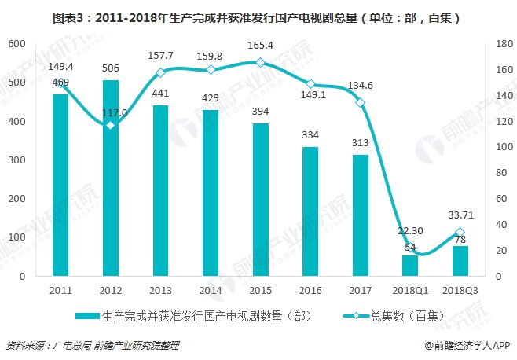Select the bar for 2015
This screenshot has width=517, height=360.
(260, 200)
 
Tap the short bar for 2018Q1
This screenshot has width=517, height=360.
(410, 266)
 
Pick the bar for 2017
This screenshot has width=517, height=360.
(360, 215)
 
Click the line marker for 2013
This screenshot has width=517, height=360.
(160, 72)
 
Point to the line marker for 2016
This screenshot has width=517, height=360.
(310, 83)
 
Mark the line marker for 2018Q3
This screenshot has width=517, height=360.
(460, 232)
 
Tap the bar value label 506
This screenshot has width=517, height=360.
(110, 68)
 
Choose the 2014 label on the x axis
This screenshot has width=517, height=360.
(211, 289)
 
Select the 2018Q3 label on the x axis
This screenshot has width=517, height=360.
(460, 289)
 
